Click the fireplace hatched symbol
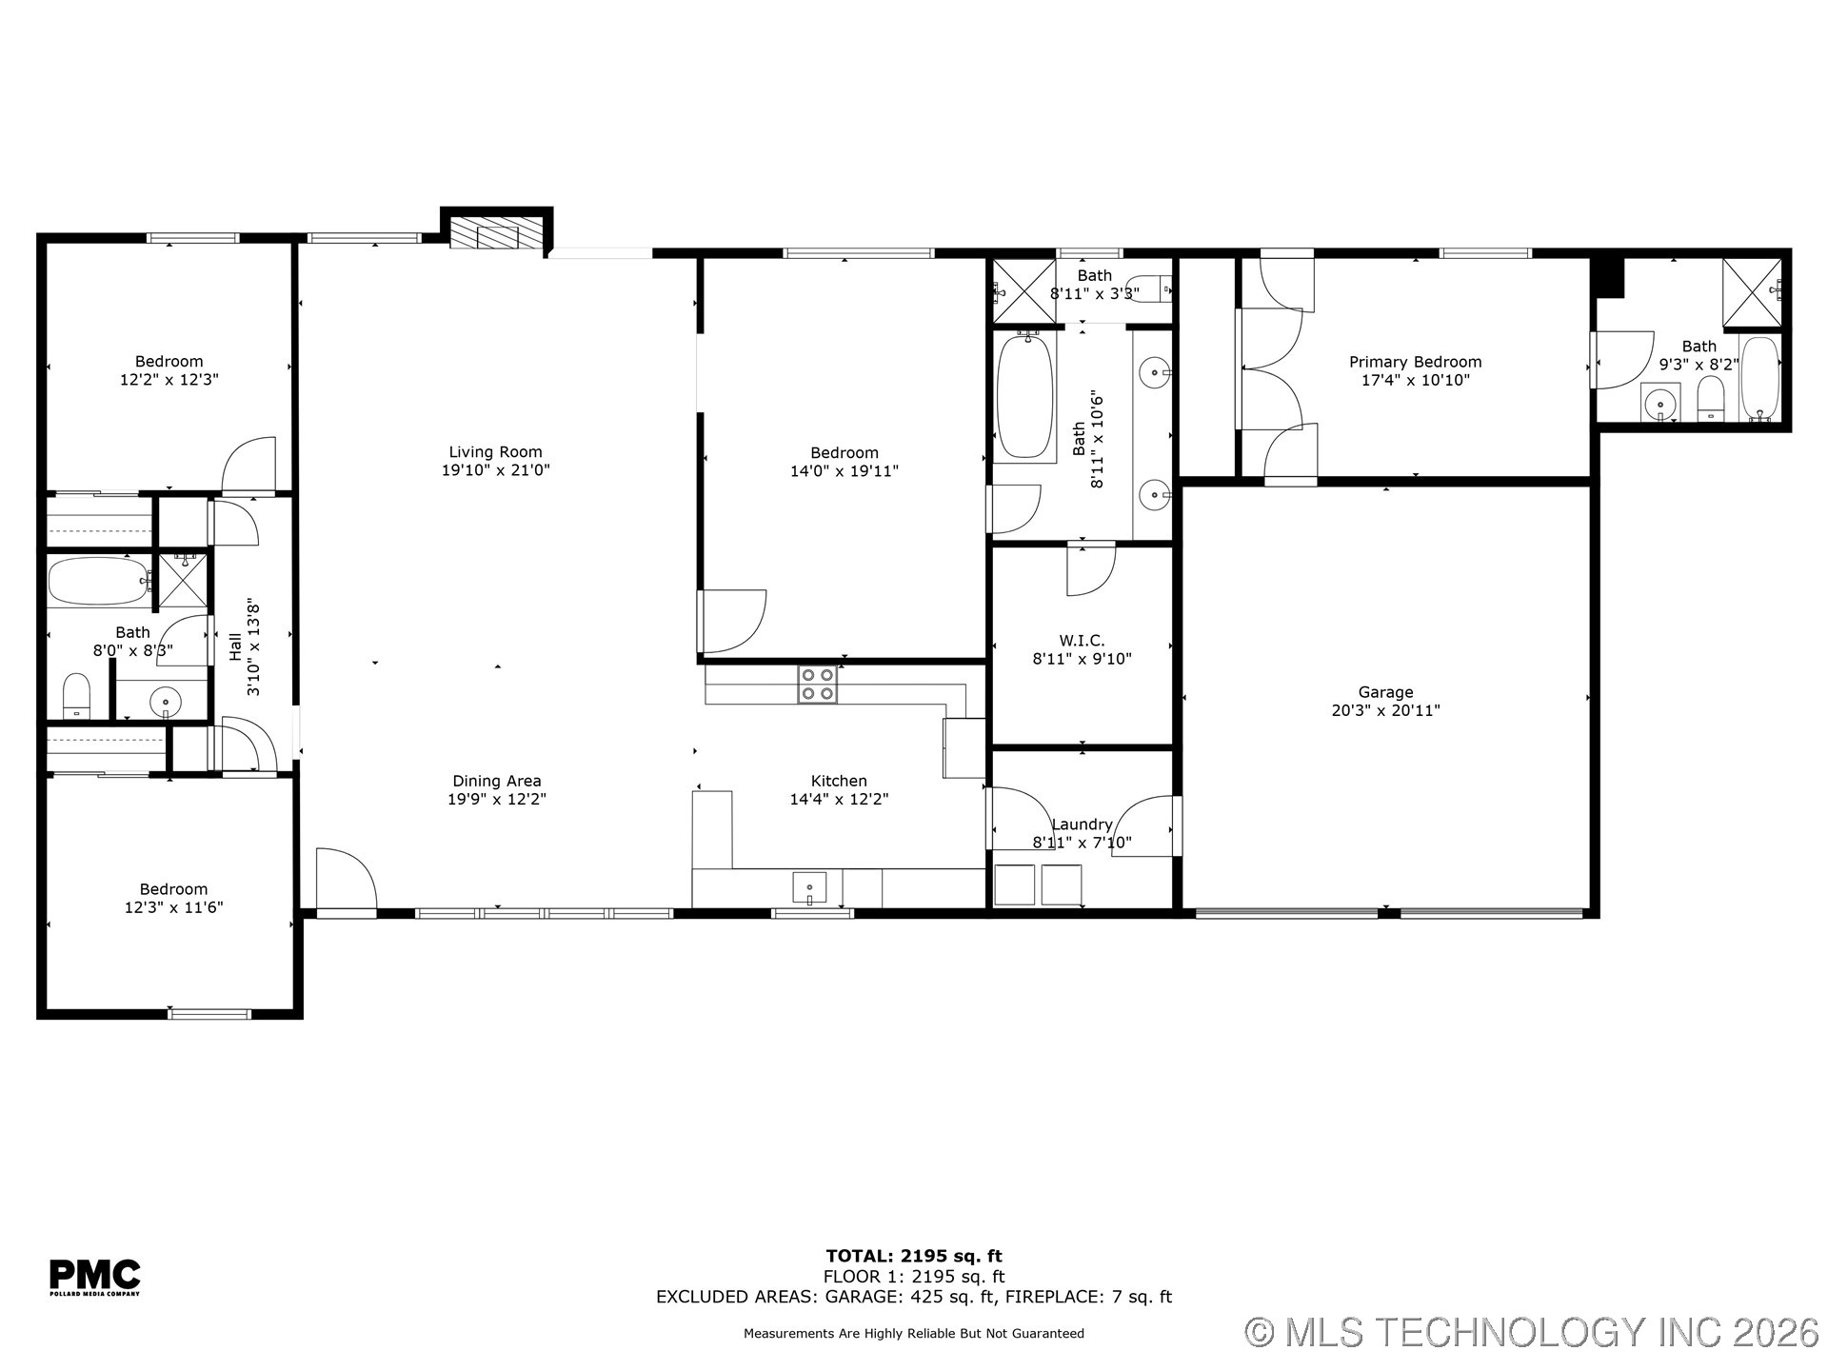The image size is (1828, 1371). pos(486,235)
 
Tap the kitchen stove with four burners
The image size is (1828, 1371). pos(817,685)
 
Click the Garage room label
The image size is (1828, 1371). pos(1385,692)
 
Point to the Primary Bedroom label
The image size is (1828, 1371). pos(1415,362)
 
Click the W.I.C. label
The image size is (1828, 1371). pos(1082,641)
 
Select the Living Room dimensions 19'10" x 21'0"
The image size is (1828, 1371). pos(495,470)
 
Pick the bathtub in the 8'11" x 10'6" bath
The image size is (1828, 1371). pos(1024,395)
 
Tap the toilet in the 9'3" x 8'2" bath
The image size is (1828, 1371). pos(1711,399)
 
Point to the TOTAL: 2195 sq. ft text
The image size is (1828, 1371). pos(913,1256)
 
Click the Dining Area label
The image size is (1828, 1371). pos(496,781)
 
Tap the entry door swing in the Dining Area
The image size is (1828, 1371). pos(346,878)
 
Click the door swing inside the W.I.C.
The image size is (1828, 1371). pos(1090,569)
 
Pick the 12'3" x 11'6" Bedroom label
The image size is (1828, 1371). pos(173,898)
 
